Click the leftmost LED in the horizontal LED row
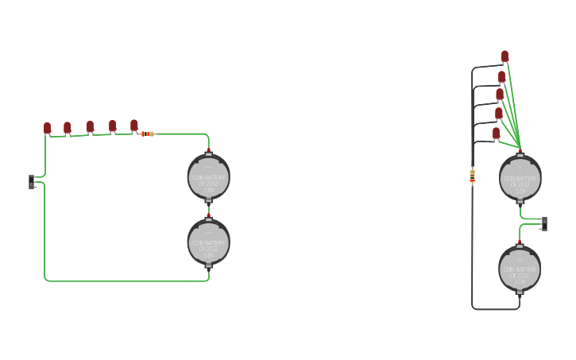[48, 127]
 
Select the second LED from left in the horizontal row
[68, 127]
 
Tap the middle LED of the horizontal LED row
[91, 126]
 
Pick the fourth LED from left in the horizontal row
[113, 126]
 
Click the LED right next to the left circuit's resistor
[134, 125]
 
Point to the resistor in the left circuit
[147, 134]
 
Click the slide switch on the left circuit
[32, 182]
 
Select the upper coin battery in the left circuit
[209, 178]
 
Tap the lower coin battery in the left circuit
[209, 242]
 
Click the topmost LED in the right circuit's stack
[505, 56]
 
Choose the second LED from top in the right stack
[502, 76]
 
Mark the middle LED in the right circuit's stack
[500, 95]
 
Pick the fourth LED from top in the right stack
[498, 114]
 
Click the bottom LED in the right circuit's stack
[497, 133]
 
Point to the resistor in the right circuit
[473, 176]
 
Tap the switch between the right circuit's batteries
[544, 223]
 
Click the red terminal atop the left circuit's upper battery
[209, 151]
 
